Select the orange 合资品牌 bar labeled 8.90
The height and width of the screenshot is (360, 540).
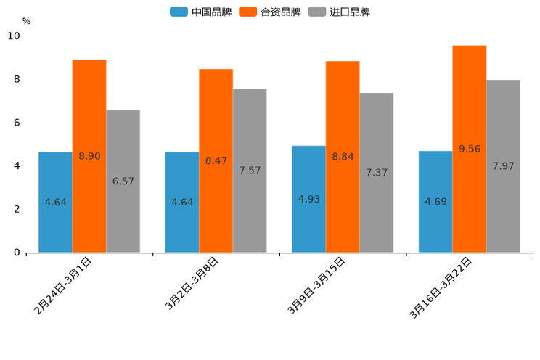(89, 156)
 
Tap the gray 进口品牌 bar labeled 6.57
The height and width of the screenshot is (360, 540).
(123, 181)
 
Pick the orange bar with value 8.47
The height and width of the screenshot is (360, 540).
(216, 160)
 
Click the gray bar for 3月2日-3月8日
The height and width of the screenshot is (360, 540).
(250, 171)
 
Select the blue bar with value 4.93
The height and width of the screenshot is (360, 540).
(308, 199)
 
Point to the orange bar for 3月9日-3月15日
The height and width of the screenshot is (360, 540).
(343, 157)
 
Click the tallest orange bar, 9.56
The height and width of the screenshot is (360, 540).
(469, 149)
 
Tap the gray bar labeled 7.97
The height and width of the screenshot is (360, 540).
(503, 166)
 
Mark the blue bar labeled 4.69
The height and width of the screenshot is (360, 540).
(435, 202)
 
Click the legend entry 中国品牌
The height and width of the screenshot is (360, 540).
(201, 12)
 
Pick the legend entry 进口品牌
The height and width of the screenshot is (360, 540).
(339, 12)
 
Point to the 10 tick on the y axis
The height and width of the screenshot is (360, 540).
(15, 36)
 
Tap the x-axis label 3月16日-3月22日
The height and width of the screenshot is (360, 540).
(441, 287)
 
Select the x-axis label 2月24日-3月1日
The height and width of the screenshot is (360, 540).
(63, 285)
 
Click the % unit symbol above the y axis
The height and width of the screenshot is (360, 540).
(26, 21)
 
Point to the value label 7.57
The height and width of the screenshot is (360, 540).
(250, 171)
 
